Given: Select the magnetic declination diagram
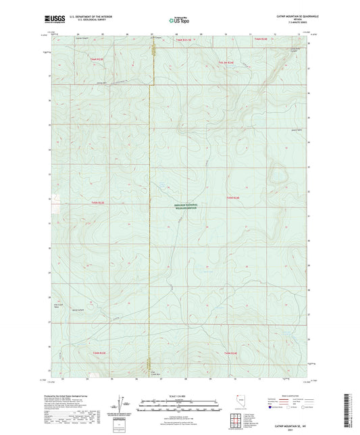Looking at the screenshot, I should tap(118, 404).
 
